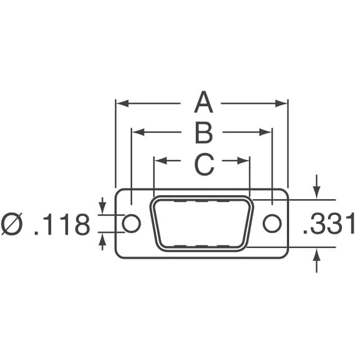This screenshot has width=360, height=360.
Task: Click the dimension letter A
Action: [x=204, y=103]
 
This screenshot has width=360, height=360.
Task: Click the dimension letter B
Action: [x=204, y=133]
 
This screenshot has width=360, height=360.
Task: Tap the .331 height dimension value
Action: [x=329, y=224]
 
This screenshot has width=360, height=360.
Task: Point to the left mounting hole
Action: [x=131, y=223]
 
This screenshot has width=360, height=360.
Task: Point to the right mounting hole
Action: [x=272, y=223]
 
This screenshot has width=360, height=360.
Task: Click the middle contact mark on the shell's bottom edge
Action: [x=202, y=246]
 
